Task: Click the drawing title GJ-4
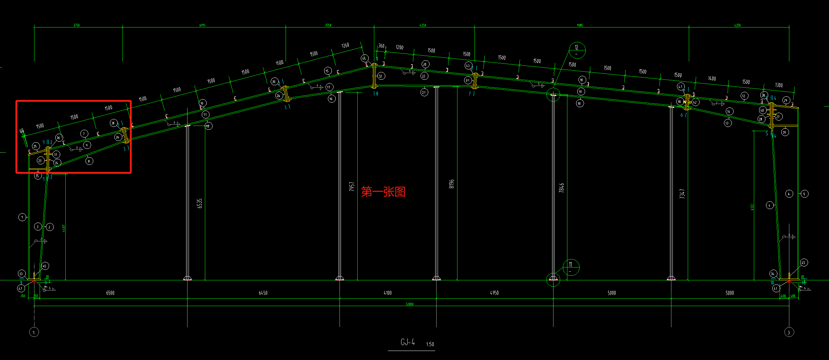click(407, 342)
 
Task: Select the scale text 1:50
click(430, 344)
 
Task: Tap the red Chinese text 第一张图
click(383, 192)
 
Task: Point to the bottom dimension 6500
click(110, 293)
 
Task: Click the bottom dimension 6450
click(263, 293)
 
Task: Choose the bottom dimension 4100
click(388, 293)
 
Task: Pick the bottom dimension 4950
click(494, 293)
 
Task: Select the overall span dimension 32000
click(409, 304)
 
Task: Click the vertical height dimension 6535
click(200, 203)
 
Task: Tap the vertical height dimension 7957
click(352, 186)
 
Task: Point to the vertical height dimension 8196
click(452, 184)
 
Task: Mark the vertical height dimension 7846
click(561, 188)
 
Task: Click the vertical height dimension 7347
click(682, 194)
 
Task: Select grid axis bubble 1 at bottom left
click(34, 332)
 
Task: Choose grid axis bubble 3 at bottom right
click(789, 332)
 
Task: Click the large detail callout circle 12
click(577, 50)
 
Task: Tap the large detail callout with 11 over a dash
click(571, 267)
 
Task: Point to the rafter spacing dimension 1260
click(345, 46)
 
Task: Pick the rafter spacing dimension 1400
click(712, 79)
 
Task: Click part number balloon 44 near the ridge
click(364, 58)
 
